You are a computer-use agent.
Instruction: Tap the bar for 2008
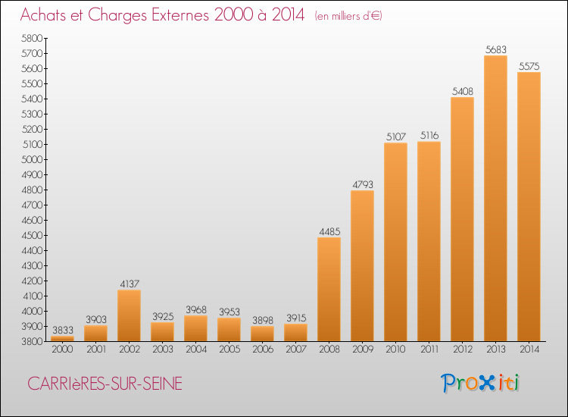point(329,290)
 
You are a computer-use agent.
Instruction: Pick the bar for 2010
point(395,242)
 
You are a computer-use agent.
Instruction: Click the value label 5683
point(495,49)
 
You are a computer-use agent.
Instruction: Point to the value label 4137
point(129,284)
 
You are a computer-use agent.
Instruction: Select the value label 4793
point(362,184)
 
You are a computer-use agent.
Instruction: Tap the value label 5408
point(462,91)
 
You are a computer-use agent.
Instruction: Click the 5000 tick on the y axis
point(33,159)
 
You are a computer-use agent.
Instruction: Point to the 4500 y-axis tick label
point(33,235)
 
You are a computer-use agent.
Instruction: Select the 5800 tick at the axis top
point(33,38)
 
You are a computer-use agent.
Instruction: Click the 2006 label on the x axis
point(262,350)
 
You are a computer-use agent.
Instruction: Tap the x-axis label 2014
point(529,350)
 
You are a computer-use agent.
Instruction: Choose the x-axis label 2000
point(62,350)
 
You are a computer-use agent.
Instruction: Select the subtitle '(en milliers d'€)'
point(348,16)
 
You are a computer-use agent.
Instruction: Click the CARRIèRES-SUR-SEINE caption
point(104,384)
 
